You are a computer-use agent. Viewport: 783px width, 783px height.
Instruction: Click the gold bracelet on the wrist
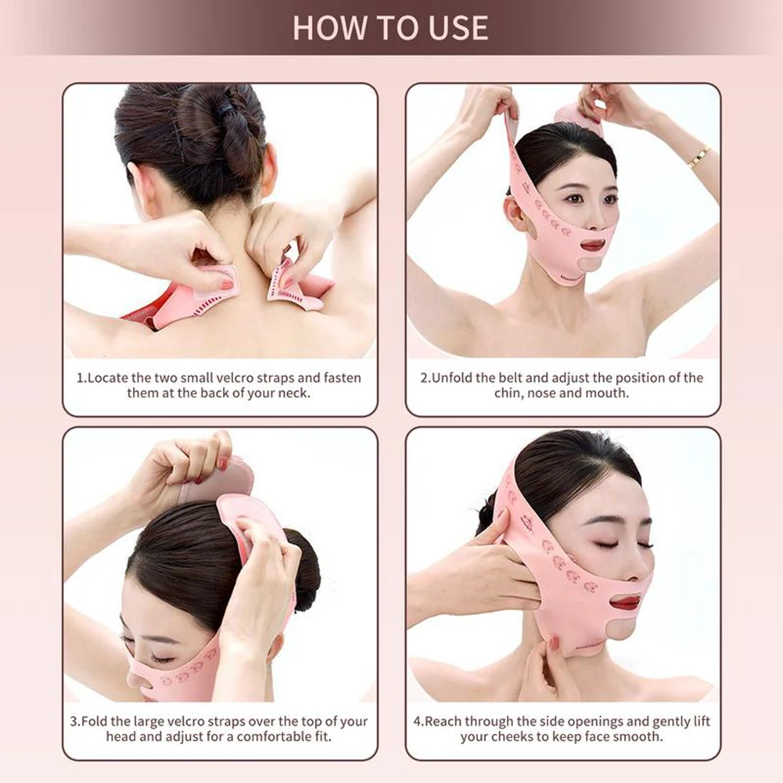click(x=699, y=156)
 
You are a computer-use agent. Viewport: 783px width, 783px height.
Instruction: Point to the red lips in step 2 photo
click(x=592, y=245)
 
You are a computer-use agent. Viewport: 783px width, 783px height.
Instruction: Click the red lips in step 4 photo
click(x=626, y=602)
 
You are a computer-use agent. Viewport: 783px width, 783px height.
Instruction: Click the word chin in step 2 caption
click(x=509, y=393)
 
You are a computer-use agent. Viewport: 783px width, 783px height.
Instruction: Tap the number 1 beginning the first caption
click(x=79, y=378)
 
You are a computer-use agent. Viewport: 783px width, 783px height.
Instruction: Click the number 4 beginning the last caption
click(x=418, y=721)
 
